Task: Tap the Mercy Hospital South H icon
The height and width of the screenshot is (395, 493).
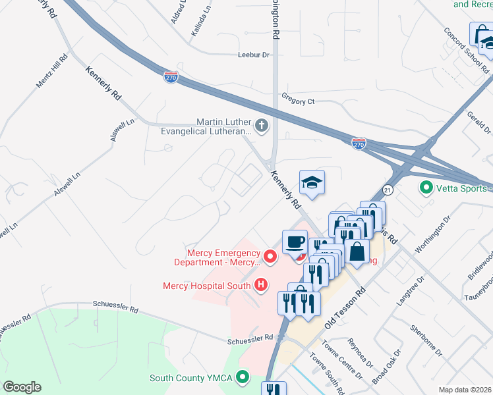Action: [x=261, y=285]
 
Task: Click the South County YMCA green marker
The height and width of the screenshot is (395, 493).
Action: [x=243, y=378]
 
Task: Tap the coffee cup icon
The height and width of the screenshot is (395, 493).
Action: [x=294, y=240]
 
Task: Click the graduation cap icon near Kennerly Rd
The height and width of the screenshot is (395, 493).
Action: [x=312, y=182]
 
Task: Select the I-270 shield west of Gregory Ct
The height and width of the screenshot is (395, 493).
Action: [x=171, y=77]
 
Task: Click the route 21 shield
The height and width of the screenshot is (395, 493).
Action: [x=388, y=190]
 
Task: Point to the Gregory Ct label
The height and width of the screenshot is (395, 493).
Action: [x=299, y=101]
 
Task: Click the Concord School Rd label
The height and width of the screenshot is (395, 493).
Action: [x=467, y=50]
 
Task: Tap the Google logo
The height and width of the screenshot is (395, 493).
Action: [x=22, y=387]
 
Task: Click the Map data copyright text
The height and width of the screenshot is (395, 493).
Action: [x=463, y=390]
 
